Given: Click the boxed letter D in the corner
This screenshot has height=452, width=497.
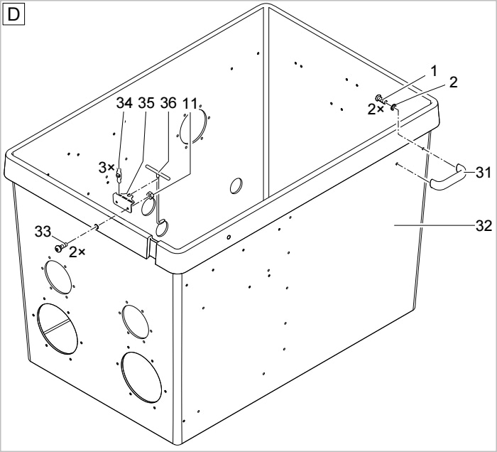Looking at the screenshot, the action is [x=13, y=15].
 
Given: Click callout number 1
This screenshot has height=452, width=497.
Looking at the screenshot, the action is [x=434, y=71].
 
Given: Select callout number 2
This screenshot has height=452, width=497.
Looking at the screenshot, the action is [x=454, y=82].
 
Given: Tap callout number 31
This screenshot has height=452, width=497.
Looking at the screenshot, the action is [x=484, y=173].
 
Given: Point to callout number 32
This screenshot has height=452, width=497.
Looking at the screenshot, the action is [x=484, y=226].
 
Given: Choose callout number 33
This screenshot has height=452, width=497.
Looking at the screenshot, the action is [x=43, y=232].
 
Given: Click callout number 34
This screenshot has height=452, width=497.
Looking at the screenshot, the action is [x=124, y=103].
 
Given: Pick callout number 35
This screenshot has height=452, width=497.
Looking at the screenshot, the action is [x=146, y=103].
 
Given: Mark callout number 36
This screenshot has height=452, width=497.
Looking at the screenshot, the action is [x=168, y=103].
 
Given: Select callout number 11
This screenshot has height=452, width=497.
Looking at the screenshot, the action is [x=190, y=103].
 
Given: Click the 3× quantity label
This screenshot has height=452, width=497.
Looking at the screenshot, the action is [x=106, y=168].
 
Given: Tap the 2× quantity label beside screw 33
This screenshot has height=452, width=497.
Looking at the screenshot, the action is [x=77, y=252].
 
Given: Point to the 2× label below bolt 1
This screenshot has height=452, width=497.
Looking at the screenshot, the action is [x=376, y=109].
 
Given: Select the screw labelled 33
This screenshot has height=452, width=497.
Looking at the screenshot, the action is [x=61, y=247].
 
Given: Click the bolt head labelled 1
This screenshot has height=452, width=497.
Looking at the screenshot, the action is [x=379, y=98].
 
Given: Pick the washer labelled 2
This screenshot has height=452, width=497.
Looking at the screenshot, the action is [x=394, y=107].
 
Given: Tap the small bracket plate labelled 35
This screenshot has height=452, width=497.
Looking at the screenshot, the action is [x=124, y=201].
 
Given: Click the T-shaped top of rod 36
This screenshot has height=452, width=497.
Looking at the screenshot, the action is [x=158, y=172].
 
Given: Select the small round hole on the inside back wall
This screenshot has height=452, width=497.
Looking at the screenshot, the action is [x=236, y=185].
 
